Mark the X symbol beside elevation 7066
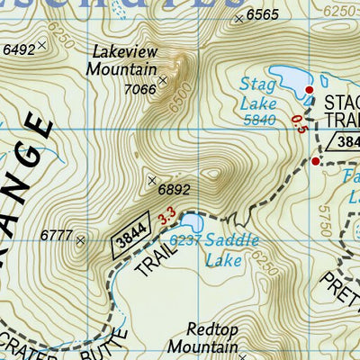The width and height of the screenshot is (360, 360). [163, 82]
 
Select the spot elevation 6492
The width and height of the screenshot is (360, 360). [20, 49]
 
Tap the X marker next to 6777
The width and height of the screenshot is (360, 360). [80, 240]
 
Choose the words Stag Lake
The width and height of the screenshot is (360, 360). [259, 93]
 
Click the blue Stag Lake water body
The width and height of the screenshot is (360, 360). [286, 81]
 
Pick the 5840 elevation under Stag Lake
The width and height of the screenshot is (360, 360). [258, 119]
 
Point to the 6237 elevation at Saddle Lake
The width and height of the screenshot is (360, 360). [185, 240]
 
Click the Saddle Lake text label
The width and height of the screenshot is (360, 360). [230, 249]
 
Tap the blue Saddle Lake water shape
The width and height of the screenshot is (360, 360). [191, 222]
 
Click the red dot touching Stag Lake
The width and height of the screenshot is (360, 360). [309, 91]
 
